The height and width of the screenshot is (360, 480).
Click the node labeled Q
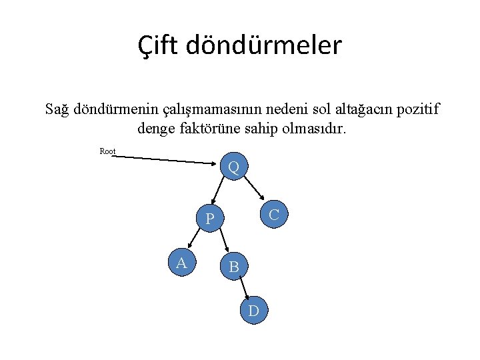point(234,167)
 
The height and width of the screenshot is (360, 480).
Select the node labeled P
point(209,218)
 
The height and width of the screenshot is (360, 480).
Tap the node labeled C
point(273,214)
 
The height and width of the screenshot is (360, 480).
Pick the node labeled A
point(181,263)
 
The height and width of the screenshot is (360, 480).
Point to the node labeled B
point(234,267)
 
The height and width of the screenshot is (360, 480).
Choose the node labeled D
point(253,311)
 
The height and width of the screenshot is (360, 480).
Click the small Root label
point(107,151)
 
